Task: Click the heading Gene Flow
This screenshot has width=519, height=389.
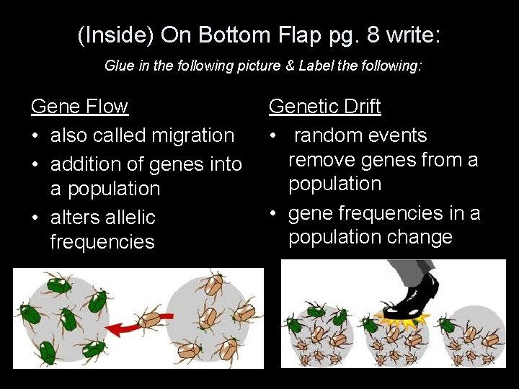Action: coord(79,107)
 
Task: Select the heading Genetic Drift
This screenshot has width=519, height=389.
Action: coord(324,107)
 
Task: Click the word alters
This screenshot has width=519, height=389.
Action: coord(76,218)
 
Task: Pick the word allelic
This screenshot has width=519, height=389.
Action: coord(131,218)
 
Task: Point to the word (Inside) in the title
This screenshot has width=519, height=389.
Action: coord(115,35)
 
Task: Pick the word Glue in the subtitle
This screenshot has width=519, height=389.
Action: coord(118,66)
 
